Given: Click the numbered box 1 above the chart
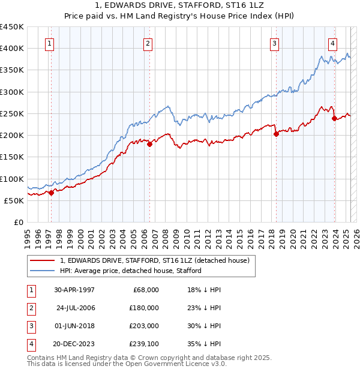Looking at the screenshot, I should click(x=49, y=43).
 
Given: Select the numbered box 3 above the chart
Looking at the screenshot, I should click(x=274, y=43).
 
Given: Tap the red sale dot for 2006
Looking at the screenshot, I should click(x=149, y=144).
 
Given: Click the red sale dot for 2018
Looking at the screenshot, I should click(x=276, y=134).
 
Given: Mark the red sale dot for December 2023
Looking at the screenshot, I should click(x=334, y=119).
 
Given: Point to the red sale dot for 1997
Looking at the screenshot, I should click(x=51, y=193).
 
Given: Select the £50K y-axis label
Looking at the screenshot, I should click(x=14, y=200).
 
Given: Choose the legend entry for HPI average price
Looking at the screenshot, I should click(x=130, y=271).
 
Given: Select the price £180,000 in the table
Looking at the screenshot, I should click(x=145, y=308).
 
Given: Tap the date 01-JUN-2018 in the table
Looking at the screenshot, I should click(x=74, y=326).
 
